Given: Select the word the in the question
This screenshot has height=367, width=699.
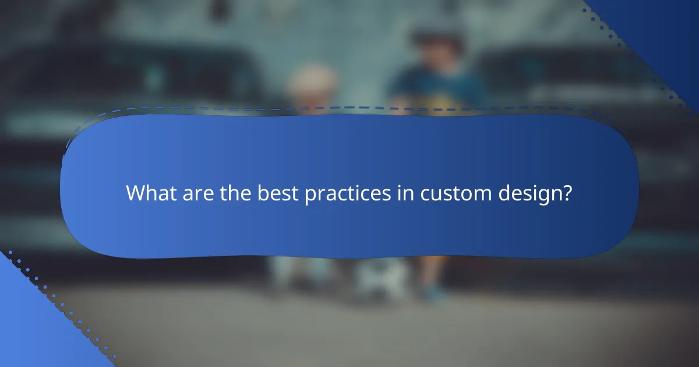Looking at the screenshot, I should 236,193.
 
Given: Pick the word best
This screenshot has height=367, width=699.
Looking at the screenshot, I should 278,193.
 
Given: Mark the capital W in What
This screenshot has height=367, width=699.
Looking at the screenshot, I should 136,193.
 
